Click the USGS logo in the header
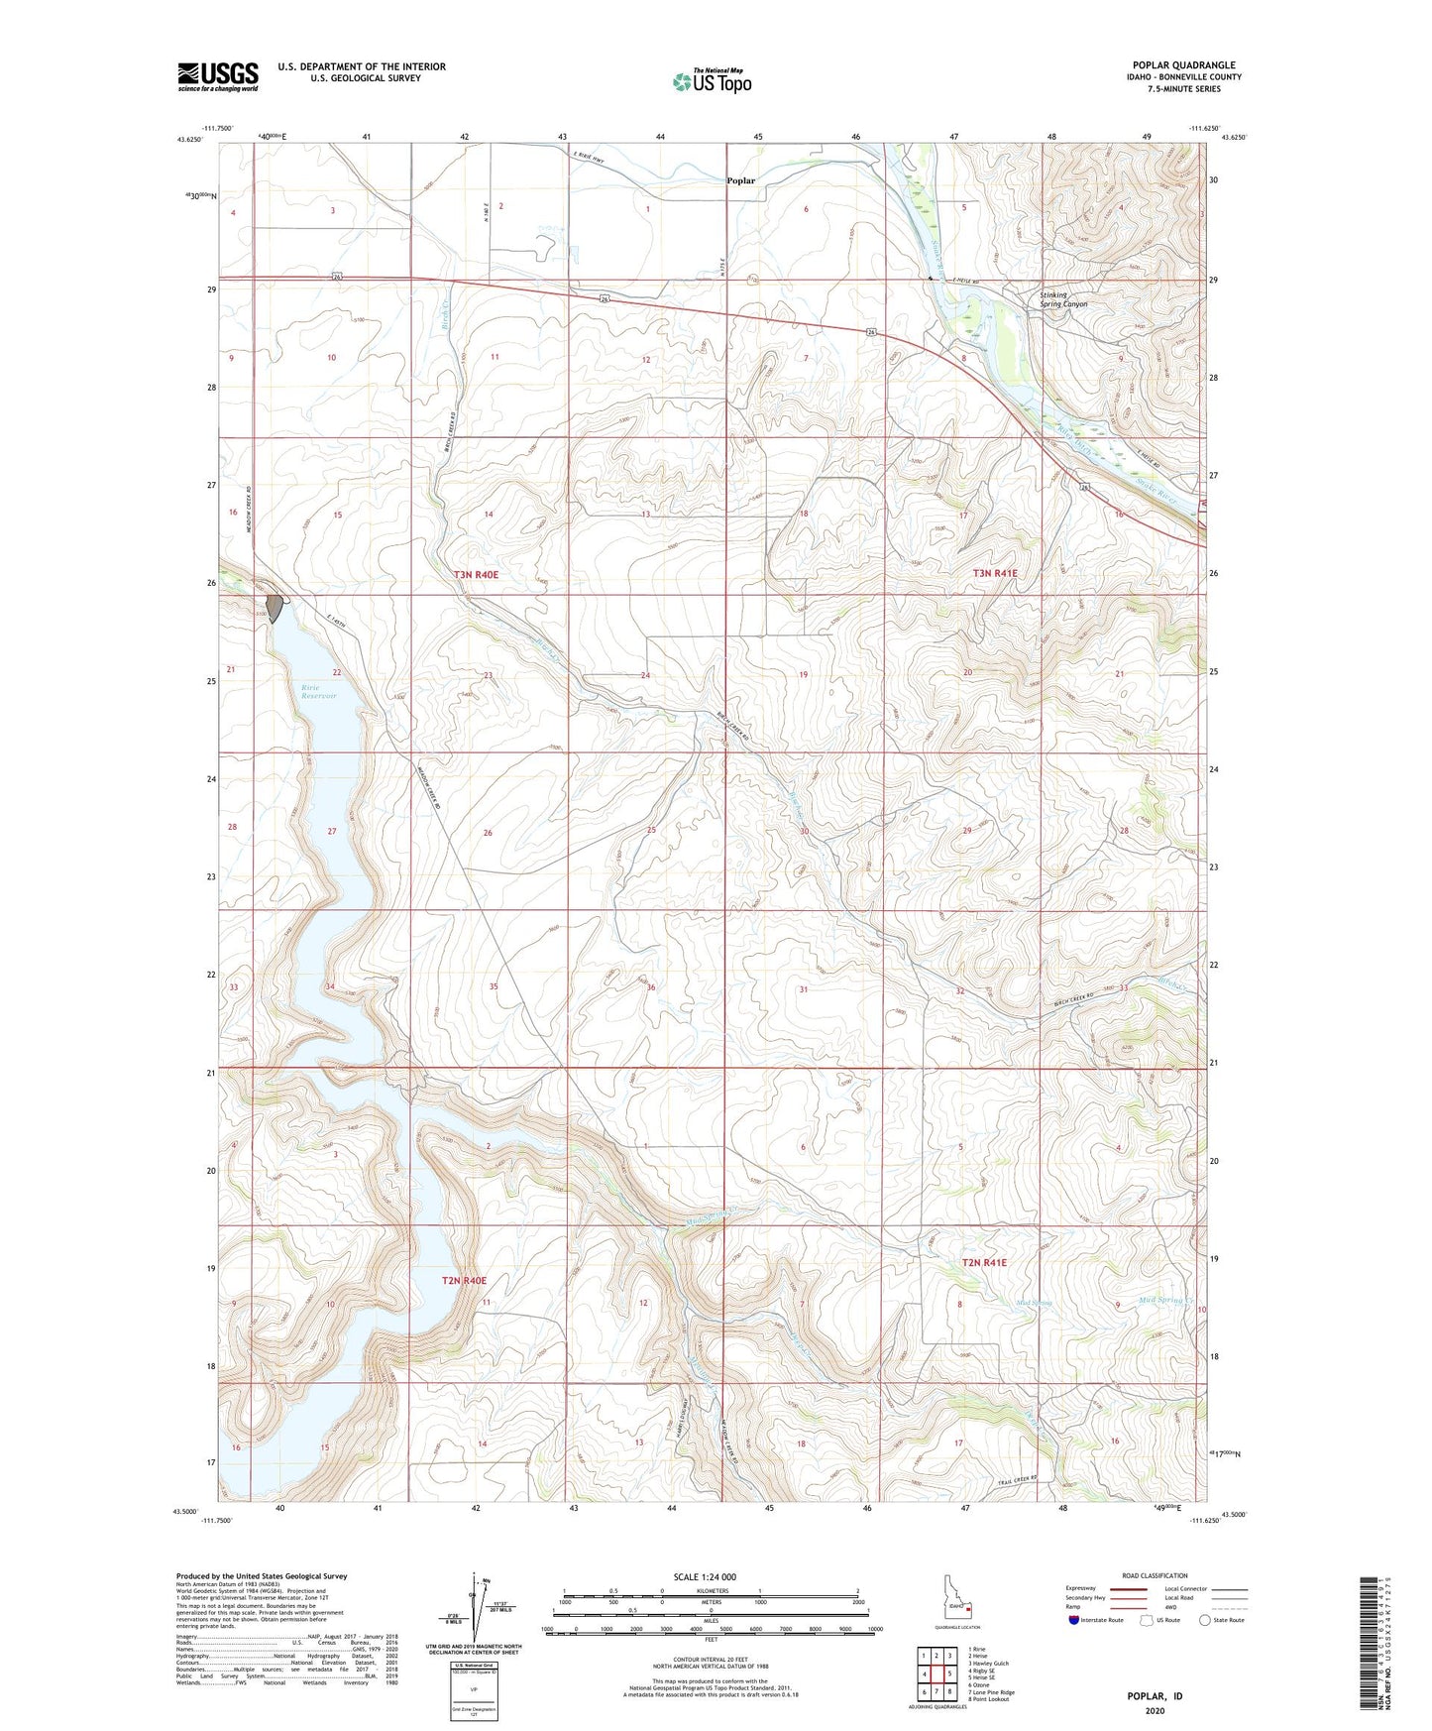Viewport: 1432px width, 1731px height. click(x=217, y=76)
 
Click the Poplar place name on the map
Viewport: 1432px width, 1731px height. click(x=740, y=181)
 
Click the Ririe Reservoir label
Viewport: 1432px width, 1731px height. click(x=319, y=691)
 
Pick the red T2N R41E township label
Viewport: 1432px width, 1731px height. click(x=983, y=1262)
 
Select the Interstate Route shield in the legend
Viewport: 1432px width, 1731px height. click(x=1076, y=1620)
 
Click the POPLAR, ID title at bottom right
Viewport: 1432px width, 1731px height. click(x=1155, y=1696)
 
